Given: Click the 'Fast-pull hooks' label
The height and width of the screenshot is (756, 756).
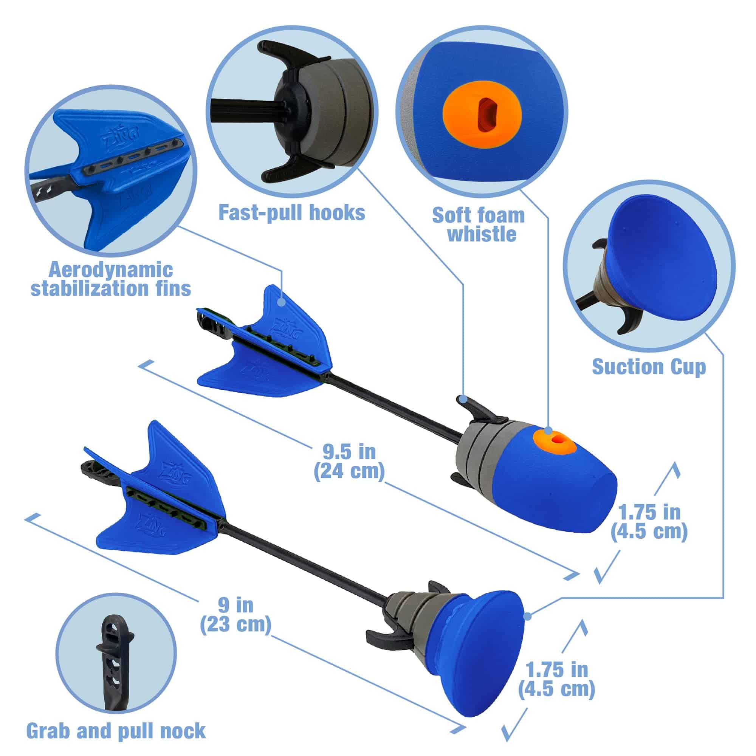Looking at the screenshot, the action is [291, 213].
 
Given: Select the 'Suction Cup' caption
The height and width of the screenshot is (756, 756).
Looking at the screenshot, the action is [649, 367].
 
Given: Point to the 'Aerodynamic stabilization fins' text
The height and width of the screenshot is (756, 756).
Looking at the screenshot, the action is [111, 279].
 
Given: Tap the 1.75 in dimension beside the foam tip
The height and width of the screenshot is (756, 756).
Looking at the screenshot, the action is [649, 522].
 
